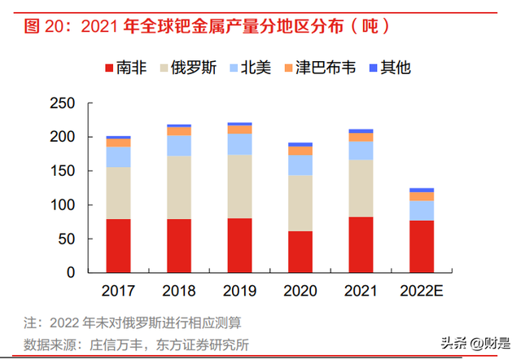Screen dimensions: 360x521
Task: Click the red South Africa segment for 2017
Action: point(118,245)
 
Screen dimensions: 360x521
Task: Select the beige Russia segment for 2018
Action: point(178,187)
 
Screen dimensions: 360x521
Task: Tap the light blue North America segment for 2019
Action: point(239,144)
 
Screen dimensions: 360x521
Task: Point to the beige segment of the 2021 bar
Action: point(361,188)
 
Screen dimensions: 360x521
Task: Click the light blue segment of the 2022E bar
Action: point(421,210)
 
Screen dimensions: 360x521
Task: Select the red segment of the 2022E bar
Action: point(421,246)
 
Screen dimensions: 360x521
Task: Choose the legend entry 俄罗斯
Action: point(193,67)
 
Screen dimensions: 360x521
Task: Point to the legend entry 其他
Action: point(396,67)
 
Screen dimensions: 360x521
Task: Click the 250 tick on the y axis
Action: point(63,104)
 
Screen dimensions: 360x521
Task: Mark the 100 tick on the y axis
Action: point(63,204)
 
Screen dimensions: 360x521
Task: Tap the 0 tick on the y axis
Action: point(71,271)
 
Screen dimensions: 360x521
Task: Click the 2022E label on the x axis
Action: point(421,291)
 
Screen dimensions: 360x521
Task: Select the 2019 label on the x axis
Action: point(239,291)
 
